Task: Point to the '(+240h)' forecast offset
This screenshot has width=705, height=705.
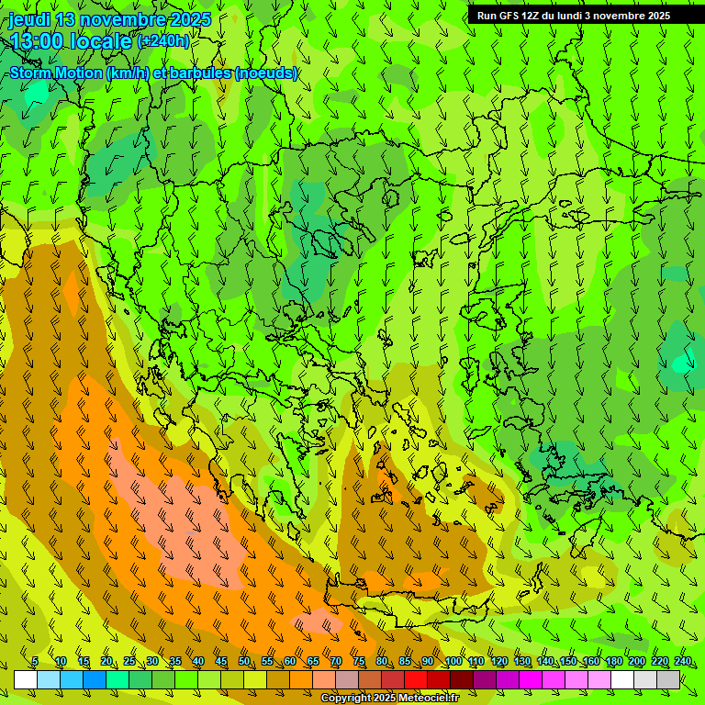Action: tap(163, 41)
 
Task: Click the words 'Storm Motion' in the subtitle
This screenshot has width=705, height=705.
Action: tap(56, 73)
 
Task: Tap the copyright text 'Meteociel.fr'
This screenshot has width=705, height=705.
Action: tap(432, 699)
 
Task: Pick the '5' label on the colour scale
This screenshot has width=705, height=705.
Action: tap(35, 662)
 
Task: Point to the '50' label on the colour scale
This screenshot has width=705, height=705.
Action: tap(244, 662)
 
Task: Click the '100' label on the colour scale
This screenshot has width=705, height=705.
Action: tap(453, 662)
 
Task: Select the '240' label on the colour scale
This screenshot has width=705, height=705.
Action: tap(682, 662)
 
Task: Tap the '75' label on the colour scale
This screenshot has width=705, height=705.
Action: tap(359, 662)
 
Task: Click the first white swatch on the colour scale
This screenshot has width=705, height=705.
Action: tap(26, 679)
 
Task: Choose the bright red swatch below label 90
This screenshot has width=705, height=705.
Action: tap(416, 679)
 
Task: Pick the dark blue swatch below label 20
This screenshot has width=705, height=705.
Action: tap(95, 679)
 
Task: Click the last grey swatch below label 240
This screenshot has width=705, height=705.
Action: tap(668, 679)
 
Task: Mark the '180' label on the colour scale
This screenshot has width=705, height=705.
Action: tap(613, 662)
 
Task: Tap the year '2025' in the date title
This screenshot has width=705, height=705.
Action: tap(190, 19)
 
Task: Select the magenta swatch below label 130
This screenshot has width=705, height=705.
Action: tap(531, 679)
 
